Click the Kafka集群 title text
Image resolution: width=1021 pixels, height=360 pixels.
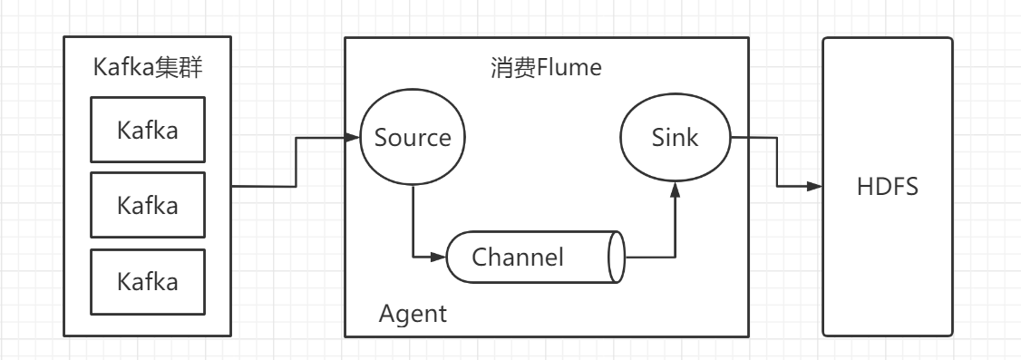[x=148, y=68]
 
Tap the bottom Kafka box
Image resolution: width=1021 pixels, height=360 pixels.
[x=148, y=281]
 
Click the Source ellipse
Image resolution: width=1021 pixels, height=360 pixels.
[x=413, y=139]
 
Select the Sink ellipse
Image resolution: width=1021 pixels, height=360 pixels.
[x=676, y=139]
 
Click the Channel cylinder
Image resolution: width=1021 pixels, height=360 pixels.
[x=535, y=257]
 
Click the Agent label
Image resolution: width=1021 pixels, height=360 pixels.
[x=413, y=315]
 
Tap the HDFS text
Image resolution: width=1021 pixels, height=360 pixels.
[x=888, y=188]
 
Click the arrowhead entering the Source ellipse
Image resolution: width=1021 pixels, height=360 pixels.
[x=352, y=139]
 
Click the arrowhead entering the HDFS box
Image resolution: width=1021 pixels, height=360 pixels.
[x=815, y=187]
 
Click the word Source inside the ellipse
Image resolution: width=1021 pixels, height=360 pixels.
[x=413, y=139]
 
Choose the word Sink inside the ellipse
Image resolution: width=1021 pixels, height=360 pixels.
[x=676, y=139]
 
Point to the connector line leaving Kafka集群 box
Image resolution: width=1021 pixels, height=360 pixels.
[x=263, y=187]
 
